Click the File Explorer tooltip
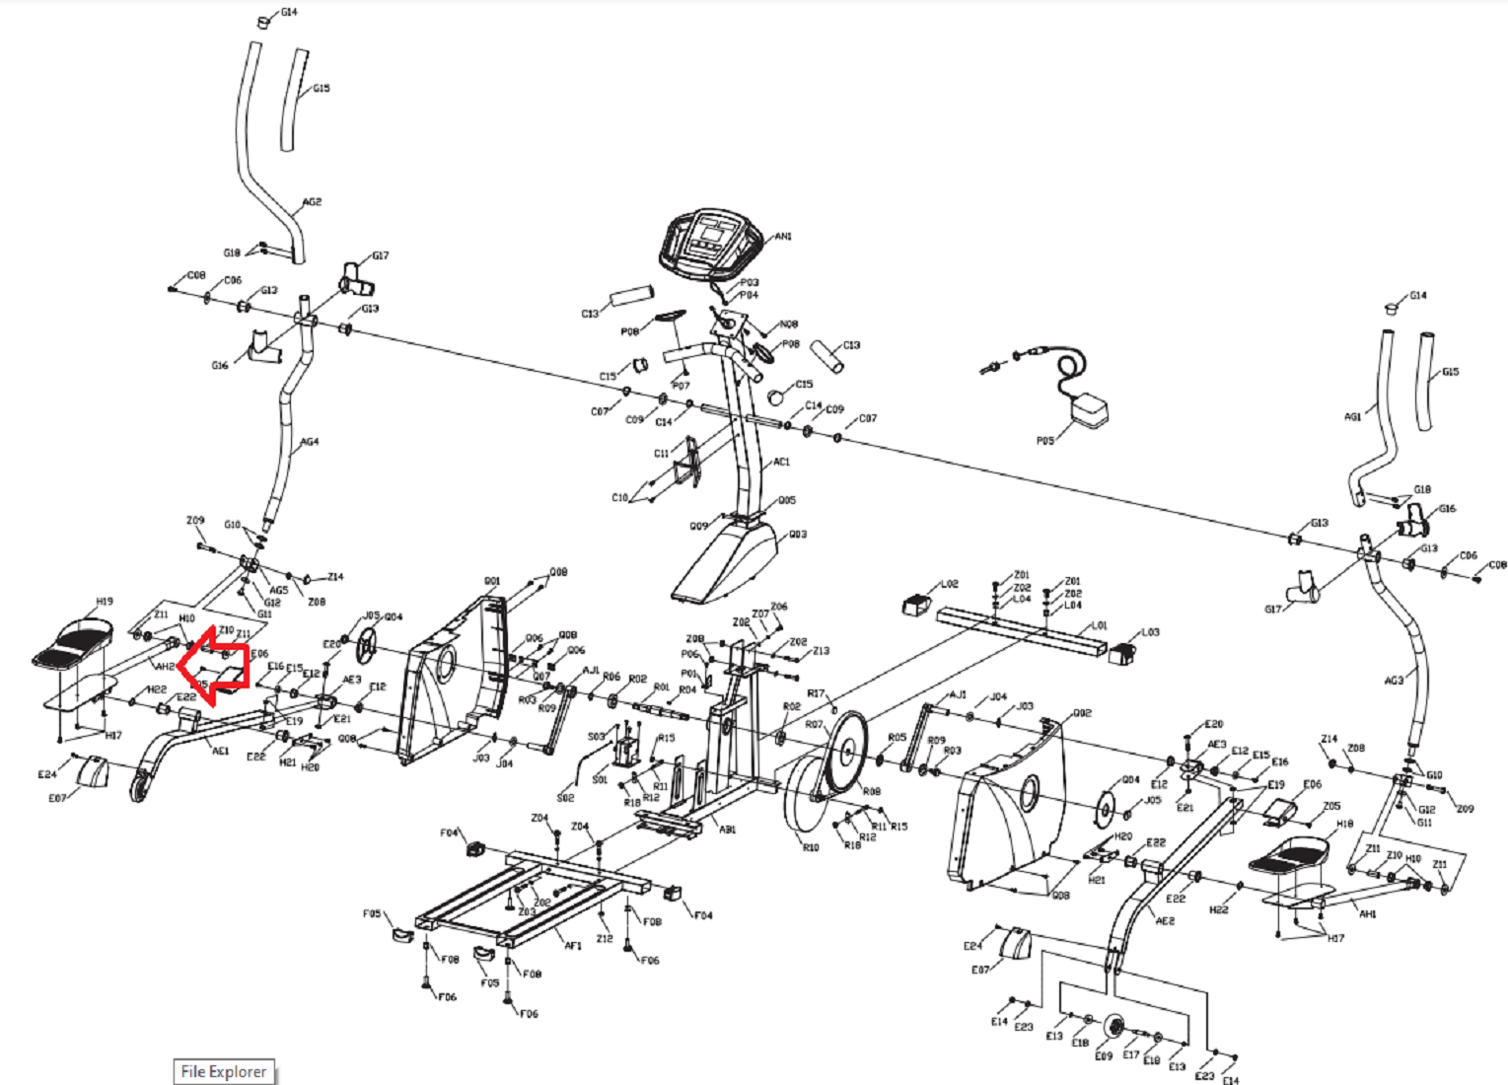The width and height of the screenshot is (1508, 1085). [x=224, y=1071]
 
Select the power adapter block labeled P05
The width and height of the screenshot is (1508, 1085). [x=1089, y=409]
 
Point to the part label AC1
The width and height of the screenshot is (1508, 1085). [x=781, y=462]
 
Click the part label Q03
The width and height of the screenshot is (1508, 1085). [x=798, y=535]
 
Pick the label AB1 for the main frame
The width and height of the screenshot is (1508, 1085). [x=727, y=830]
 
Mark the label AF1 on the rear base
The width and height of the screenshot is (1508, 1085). [x=573, y=945]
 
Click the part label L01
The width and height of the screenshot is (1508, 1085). [x=1100, y=625]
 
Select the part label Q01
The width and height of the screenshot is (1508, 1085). [x=492, y=581]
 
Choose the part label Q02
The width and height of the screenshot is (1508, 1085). [x=1082, y=712]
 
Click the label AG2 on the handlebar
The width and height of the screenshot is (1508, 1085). [x=312, y=202]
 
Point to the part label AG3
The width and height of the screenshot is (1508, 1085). [x=1393, y=681]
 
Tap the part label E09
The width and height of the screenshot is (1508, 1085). [x=1104, y=1056]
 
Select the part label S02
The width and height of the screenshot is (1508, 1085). [x=565, y=797]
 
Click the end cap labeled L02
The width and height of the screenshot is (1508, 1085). [x=918, y=603]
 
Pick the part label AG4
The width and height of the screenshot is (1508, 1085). [x=310, y=442]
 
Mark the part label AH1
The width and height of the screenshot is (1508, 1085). [x=1367, y=914]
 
